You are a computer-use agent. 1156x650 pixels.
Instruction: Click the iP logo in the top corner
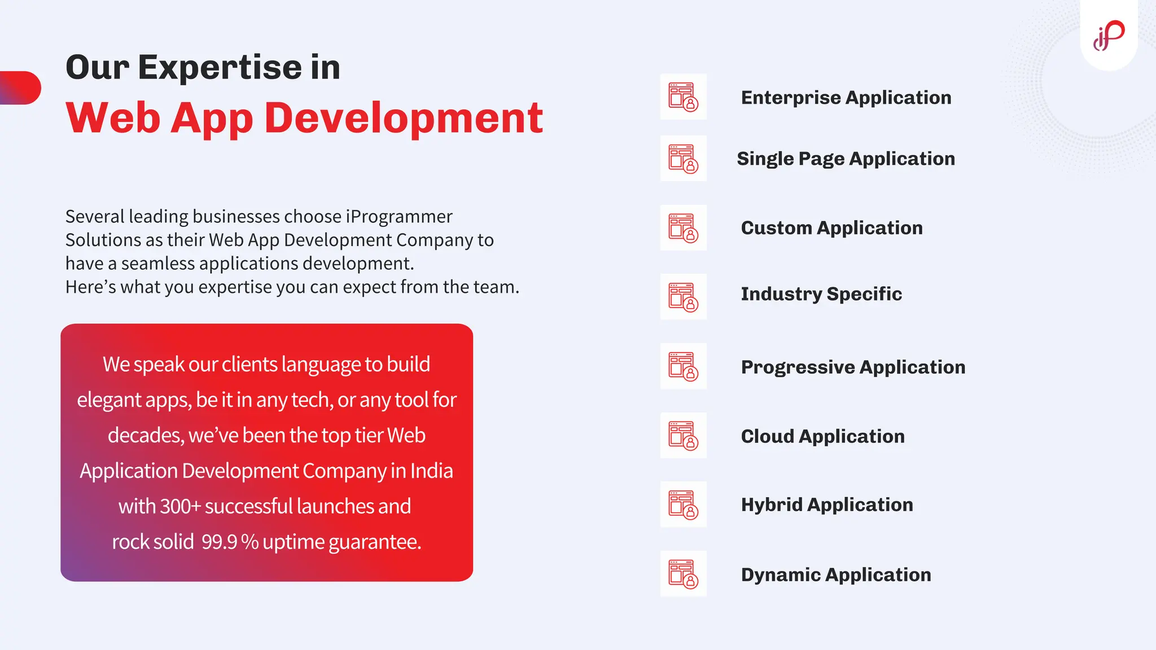[x=1109, y=36]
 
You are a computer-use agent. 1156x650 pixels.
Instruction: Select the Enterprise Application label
[x=846, y=98]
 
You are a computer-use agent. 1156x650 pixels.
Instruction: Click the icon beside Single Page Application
[x=683, y=159]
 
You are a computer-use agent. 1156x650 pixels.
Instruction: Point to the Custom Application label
[x=831, y=228]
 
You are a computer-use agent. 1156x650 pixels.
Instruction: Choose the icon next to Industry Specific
[x=683, y=297]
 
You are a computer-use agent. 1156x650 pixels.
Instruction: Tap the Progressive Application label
[x=853, y=367]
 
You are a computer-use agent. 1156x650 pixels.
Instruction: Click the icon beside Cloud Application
[x=683, y=436]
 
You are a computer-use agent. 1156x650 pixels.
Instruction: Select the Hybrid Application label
[x=826, y=505]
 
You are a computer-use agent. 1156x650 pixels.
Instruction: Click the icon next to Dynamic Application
[x=683, y=574]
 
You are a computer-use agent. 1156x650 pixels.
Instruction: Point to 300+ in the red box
[x=180, y=507]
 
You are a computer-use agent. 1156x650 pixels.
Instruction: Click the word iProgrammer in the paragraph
[x=399, y=217]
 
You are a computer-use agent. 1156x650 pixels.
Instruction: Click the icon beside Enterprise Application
[x=683, y=97]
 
